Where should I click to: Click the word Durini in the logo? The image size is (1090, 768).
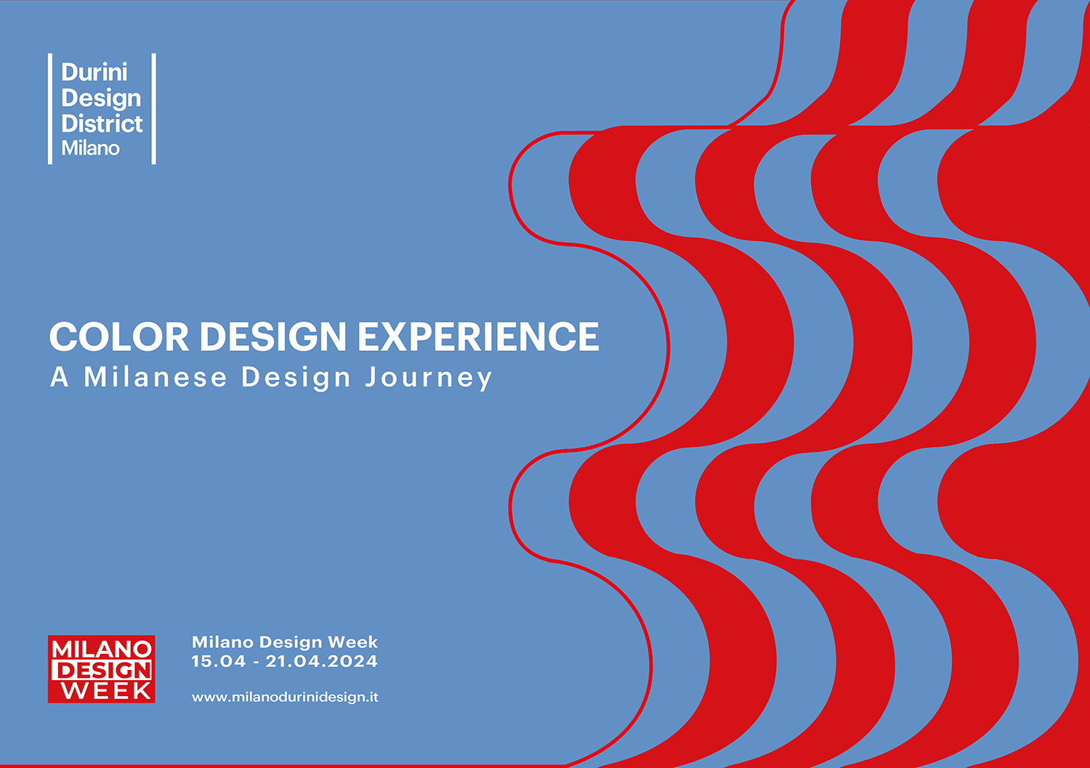[94, 72]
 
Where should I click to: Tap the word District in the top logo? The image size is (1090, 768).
[102, 123]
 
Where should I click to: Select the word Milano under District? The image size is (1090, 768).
[91, 148]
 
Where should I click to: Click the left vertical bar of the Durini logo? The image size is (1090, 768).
[50, 108]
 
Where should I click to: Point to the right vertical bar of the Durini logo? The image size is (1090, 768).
[154, 108]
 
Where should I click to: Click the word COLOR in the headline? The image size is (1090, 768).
[119, 336]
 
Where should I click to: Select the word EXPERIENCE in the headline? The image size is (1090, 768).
[479, 336]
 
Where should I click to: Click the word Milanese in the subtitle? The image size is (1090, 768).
[156, 376]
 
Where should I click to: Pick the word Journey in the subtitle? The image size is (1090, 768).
[429, 378]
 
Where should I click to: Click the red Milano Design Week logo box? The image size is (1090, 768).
[101, 669]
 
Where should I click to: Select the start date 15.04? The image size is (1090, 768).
[219, 661]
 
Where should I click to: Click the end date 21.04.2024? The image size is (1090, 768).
[322, 661]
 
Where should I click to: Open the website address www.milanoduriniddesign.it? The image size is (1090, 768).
[285, 698]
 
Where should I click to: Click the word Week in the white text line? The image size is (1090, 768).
[352, 642]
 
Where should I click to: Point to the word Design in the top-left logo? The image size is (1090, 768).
[101, 99]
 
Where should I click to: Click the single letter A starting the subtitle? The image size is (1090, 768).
[60, 377]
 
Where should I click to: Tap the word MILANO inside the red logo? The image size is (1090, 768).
[101, 648]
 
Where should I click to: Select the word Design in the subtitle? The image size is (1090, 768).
[296, 378]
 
